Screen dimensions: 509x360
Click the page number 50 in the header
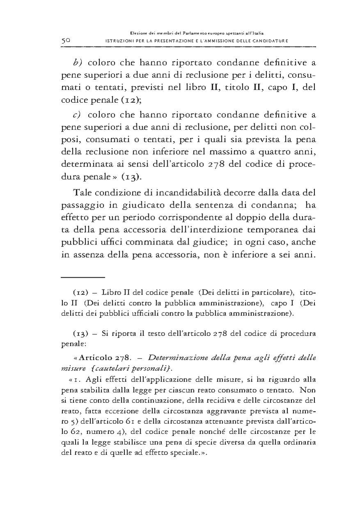tap(67, 41)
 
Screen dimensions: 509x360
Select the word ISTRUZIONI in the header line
tap(120, 41)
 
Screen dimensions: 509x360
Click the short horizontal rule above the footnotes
tap(83, 278)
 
